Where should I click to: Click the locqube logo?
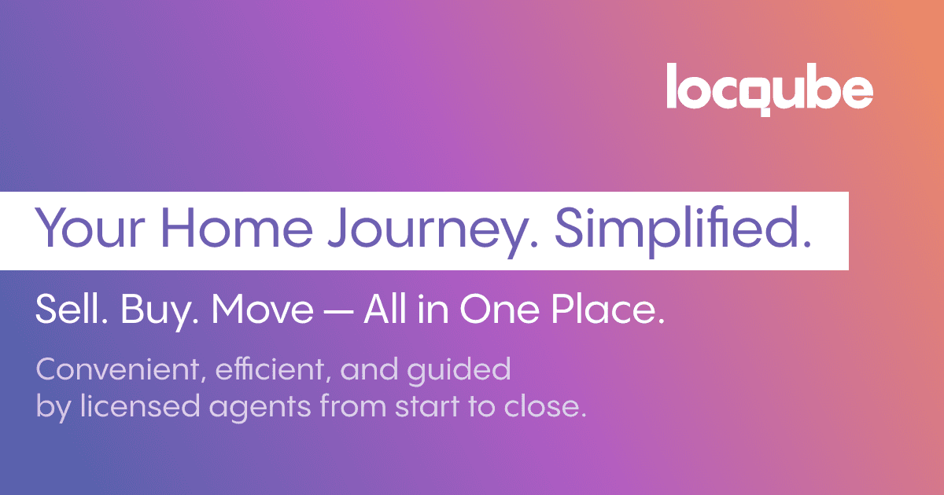coord(769,89)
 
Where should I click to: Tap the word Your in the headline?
coord(84,228)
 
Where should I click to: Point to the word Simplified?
coord(683,228)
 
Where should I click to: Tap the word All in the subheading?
coord(383,311)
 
